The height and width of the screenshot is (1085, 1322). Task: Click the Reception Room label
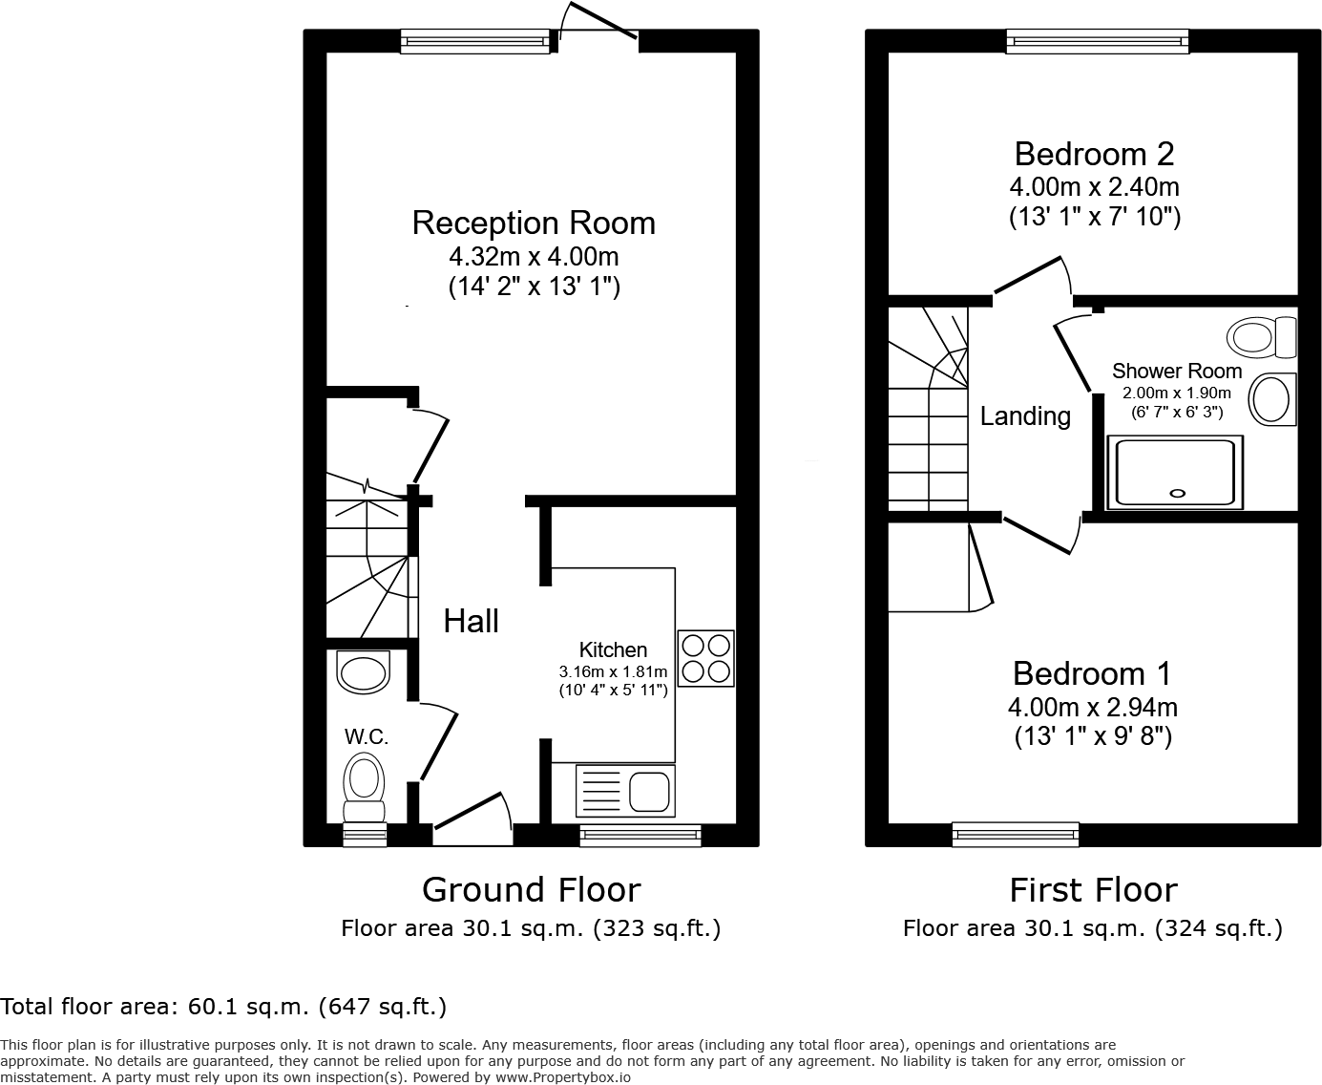[534, 223]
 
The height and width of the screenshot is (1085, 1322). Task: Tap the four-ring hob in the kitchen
[706, 659]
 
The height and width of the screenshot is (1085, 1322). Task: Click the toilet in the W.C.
[364, 785]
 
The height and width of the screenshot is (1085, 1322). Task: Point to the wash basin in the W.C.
[364, 672]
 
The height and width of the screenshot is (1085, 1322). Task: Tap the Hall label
[472, 621]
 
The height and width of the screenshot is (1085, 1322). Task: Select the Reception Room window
[475, 41]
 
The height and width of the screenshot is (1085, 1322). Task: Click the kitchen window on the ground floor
[640, 836]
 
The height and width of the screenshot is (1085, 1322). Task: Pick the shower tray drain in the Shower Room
[1177, 494]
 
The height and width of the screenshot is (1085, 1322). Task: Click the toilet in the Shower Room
[1262, 337]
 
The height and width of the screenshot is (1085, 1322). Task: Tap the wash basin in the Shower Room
[1271, 398]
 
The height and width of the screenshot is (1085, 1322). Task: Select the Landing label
[1025, 416]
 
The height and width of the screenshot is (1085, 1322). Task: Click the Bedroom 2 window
[1097, 41]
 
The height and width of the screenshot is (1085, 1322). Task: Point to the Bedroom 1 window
[1016, 836]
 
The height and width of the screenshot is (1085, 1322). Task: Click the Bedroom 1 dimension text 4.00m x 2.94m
[1092, 708]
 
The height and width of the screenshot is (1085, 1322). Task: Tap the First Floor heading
[1093, 890]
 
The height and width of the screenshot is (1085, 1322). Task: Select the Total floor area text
[223, 1006]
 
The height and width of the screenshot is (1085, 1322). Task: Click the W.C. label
[367, 736]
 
